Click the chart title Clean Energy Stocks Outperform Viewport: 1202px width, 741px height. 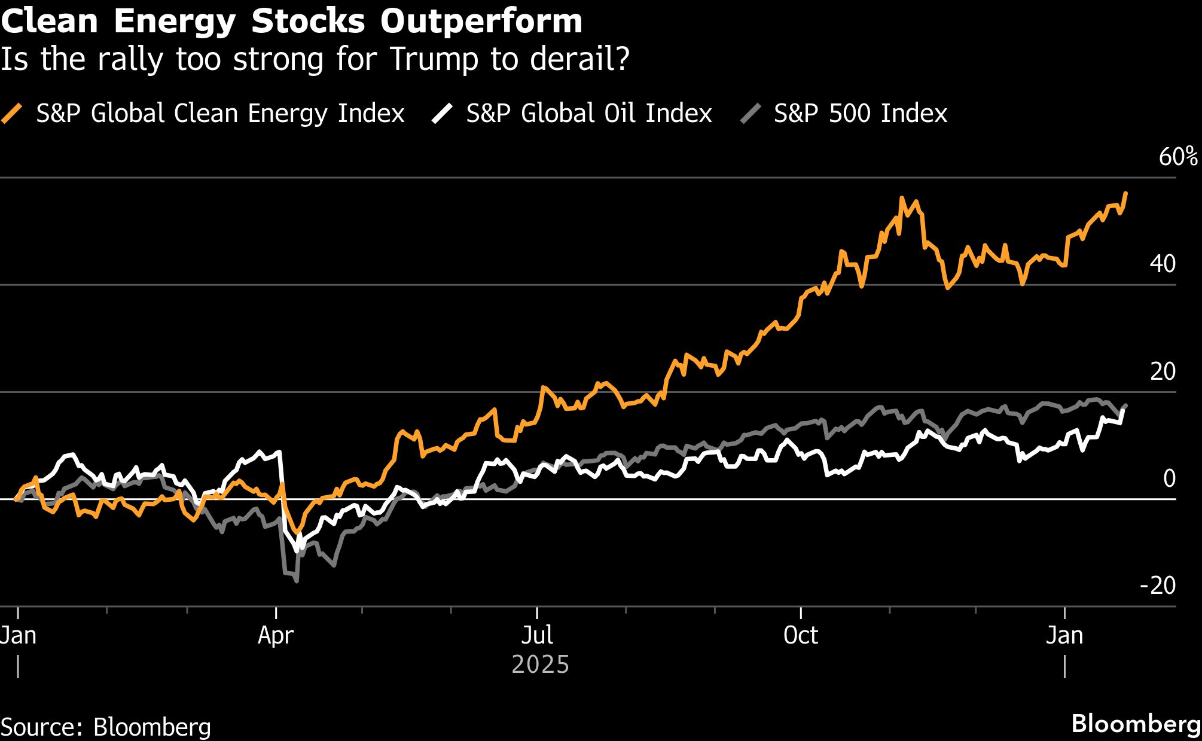(291, 22)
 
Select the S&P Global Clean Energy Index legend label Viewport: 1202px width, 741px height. (220, 114)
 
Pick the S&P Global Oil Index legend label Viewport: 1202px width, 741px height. (588, 114)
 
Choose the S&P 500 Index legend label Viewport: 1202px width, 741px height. (860, 114)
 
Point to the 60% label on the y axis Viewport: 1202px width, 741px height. (1177, 157)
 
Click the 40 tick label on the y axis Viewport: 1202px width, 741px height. (1163, 264)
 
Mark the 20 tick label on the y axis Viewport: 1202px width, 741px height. (1163, 371)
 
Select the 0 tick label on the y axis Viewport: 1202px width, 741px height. (1169, 478)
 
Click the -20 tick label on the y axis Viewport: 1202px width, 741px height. (1158, 586)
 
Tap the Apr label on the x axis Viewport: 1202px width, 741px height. (276, 635)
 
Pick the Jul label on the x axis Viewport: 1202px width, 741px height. (537, 635)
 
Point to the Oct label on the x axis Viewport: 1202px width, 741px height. (801, 635)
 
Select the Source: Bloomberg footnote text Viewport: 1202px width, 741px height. (106, 727)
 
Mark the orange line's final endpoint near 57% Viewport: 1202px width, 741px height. (1126, 193)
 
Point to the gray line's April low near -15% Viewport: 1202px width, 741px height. (297, 581)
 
